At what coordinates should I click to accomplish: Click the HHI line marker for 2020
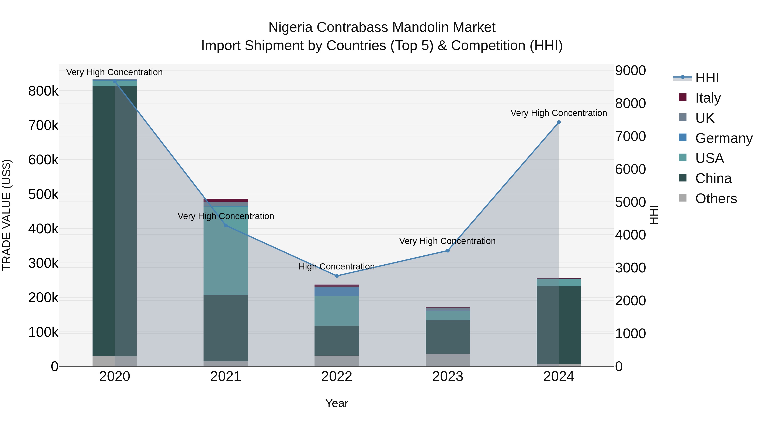click(x=115, y=81)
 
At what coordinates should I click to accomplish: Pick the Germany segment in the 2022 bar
click(x=337, y=291)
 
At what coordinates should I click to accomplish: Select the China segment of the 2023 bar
click(x=448, y=337)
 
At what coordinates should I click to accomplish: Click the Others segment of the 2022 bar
click(x=337, y=361)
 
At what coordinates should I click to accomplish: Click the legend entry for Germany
click(x=724, y=138)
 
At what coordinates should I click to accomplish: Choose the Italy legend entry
click(x=708, y=98)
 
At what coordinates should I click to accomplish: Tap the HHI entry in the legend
click(x=707, y=78)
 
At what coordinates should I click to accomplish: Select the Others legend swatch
click(x=683, y=198)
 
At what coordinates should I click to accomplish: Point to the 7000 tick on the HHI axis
click(x=630, y=137)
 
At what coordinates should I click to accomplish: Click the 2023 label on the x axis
click(x=448, y=376)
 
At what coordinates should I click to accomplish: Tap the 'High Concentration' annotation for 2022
click(x=337, y=266)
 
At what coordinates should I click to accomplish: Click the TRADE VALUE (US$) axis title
click(x=7, y=215)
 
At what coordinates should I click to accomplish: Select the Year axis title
click(x=337, y=403)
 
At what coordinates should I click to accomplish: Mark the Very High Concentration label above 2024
click(x=559, y=113)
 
